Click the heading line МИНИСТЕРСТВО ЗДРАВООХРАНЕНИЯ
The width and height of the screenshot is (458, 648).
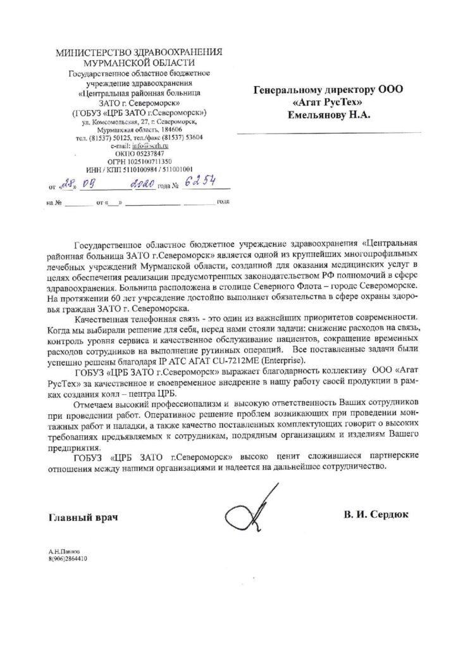140,53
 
